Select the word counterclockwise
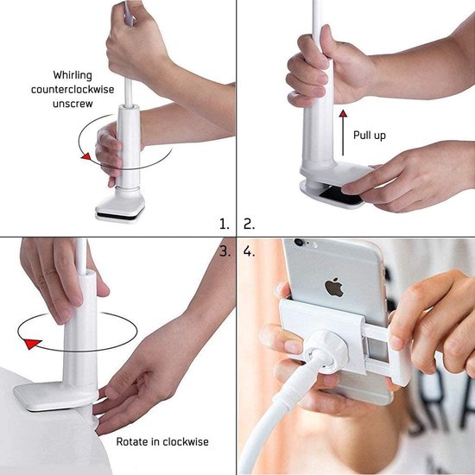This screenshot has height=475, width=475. click(78, 89)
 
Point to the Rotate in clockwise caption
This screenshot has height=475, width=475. click(161, 442)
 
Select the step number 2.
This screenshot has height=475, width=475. click(250, 223)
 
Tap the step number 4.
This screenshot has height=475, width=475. click(250, 252)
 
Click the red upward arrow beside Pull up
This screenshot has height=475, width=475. click(343, 126)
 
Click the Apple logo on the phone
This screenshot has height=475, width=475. click(334, 287)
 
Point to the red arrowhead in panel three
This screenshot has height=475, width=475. click(32, 345)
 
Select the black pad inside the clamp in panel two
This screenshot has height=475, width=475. click(340, 199)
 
